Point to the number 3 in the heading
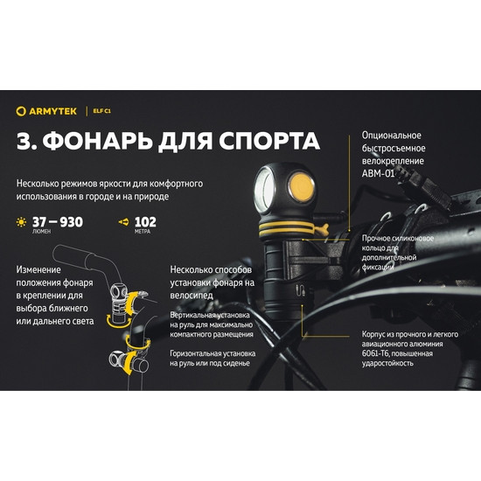coord(24,143)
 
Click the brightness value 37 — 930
coord(57,221)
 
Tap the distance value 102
coord(146,221)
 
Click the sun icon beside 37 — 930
coord(21,223)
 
